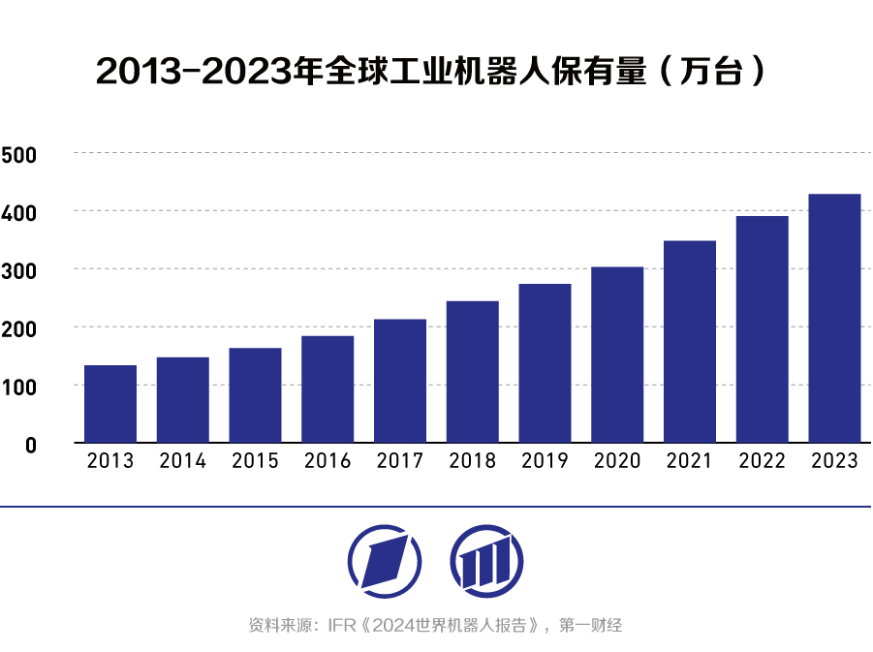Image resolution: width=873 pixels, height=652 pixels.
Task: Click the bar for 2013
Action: (x=110, y=403)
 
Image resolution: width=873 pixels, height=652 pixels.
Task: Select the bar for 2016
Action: (x=327, y=388)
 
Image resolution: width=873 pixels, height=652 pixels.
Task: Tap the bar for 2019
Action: (x=545, y=362)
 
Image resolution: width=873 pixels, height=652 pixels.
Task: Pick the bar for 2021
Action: (x=690, y=341)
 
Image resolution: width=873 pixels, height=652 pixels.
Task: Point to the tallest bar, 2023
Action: (x=834, y=318)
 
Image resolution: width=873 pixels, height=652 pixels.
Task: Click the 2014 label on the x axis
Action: (x=182, y=461)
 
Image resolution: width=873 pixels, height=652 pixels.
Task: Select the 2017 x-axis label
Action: (x=400, y=461)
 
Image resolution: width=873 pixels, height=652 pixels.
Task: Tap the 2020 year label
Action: (x=617, y=461)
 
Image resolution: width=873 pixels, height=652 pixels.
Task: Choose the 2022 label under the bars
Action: (x=762, y=461)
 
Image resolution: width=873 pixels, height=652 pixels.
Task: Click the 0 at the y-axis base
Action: (x=30, y=446)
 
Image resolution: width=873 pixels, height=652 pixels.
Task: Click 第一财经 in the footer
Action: (x=591, y=626)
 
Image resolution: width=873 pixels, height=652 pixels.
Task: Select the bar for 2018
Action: (x=472, y=371)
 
